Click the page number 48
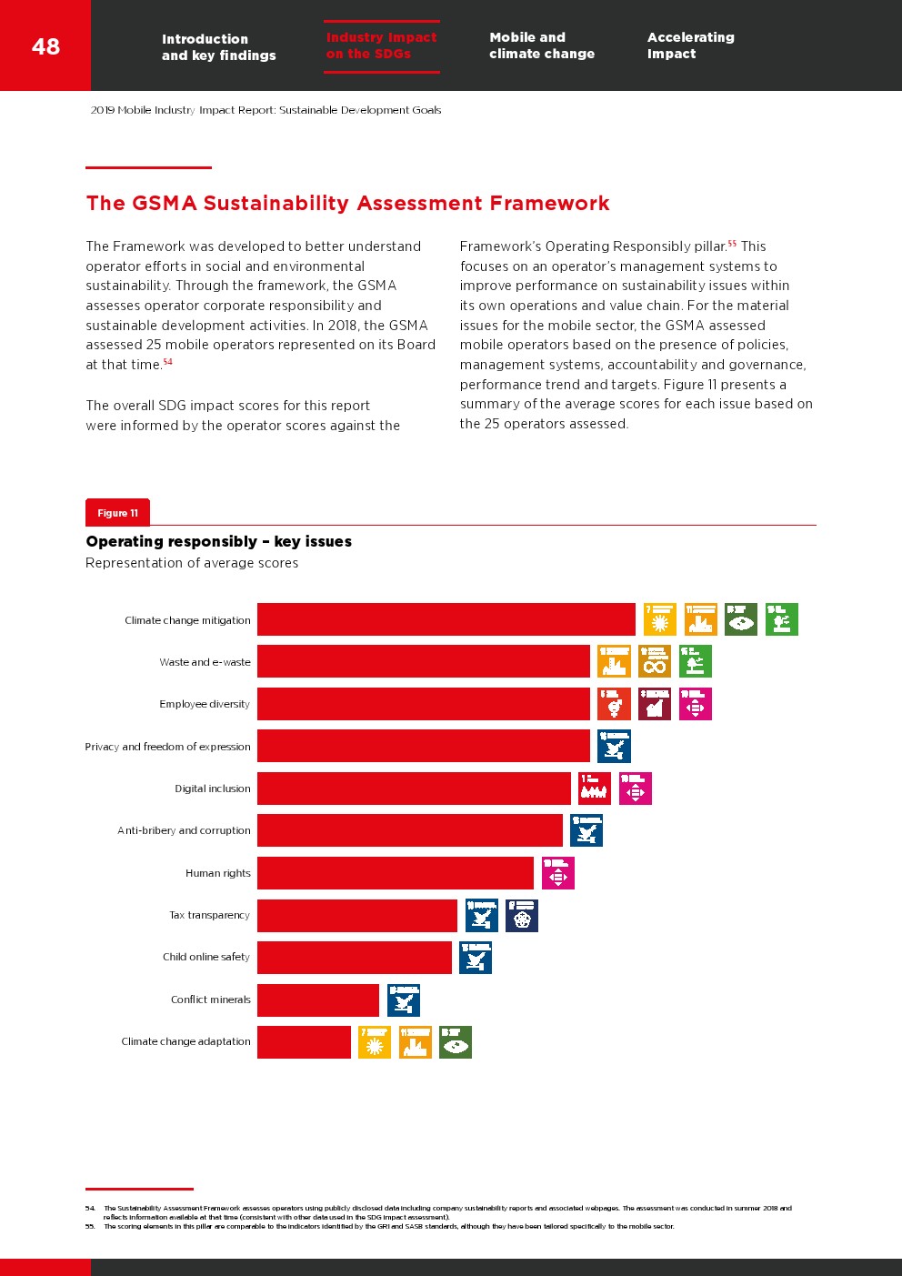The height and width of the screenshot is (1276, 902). (45, 46)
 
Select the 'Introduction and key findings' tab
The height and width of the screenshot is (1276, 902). (218, 47)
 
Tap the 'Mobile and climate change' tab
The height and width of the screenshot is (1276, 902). (542, 45)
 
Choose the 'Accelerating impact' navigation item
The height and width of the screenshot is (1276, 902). (690, 45)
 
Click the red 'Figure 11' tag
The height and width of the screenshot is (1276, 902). (117, 513)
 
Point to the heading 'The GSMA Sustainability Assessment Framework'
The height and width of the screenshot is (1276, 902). (347, 203)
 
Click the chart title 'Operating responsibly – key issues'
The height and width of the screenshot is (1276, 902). (218, 541)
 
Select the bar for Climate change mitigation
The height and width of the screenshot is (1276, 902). (446, 619)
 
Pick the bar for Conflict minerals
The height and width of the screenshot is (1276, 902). (318, 1000)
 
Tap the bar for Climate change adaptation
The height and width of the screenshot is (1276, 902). (304, 1042)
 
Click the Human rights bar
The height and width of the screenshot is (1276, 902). (395, 873)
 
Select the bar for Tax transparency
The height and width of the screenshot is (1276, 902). (356, 916)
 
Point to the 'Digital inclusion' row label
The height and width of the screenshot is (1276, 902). (213, 789)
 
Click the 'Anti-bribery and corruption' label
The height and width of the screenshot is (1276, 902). (184, 830)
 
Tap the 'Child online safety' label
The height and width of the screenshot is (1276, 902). (206, 957)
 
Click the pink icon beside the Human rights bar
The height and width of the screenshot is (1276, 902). (557, 873)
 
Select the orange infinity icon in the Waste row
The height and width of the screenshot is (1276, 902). (655, 661)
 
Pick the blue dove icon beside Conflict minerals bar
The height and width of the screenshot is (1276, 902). (404, 1000)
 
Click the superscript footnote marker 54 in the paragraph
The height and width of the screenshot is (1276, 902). (168, 362)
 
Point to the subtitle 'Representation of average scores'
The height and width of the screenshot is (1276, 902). (192, 563)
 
